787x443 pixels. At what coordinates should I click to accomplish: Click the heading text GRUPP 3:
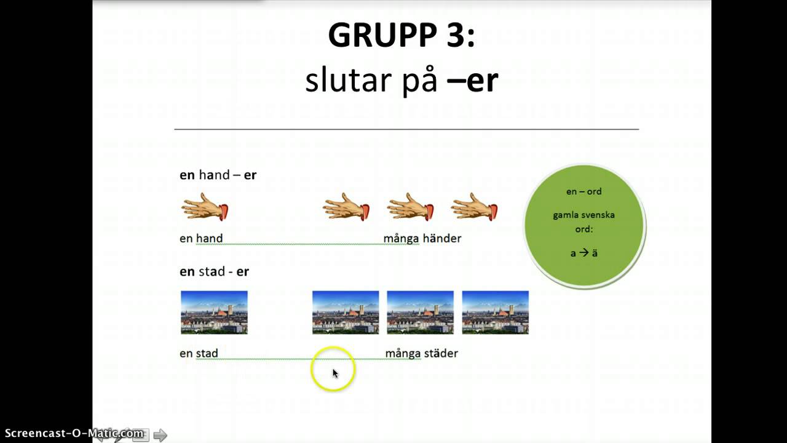click(401, 36)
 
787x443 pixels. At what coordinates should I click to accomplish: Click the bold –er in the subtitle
click(473, 81)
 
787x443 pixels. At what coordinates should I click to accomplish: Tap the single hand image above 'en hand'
click(205, 207)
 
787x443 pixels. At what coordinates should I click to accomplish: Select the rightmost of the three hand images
click(474, 207)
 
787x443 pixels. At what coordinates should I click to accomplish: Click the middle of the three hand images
click(410, 207)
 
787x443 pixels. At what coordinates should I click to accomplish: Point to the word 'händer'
click(441, 238)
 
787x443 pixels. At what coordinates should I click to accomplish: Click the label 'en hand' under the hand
click(201, 238)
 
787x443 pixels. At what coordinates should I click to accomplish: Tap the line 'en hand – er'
click(218, 175)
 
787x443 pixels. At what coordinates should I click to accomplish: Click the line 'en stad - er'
click(214, 271)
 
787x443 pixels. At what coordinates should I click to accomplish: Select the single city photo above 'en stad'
click(214, 313)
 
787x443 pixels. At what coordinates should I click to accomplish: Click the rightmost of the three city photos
click(495, 313)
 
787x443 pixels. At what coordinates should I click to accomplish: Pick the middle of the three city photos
click(420, 313)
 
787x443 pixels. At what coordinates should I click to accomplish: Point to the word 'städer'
click(440, 353)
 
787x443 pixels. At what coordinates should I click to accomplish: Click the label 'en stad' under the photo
click(199, 353)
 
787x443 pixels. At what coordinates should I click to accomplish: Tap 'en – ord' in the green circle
click(583, 191)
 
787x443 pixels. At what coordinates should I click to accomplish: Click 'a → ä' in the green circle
click(583, 252)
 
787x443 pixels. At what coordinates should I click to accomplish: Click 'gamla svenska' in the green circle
click(583, 215)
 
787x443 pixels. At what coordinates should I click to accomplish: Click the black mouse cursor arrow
click(335, 373)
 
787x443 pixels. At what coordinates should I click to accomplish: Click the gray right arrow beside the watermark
click(160, 436)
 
